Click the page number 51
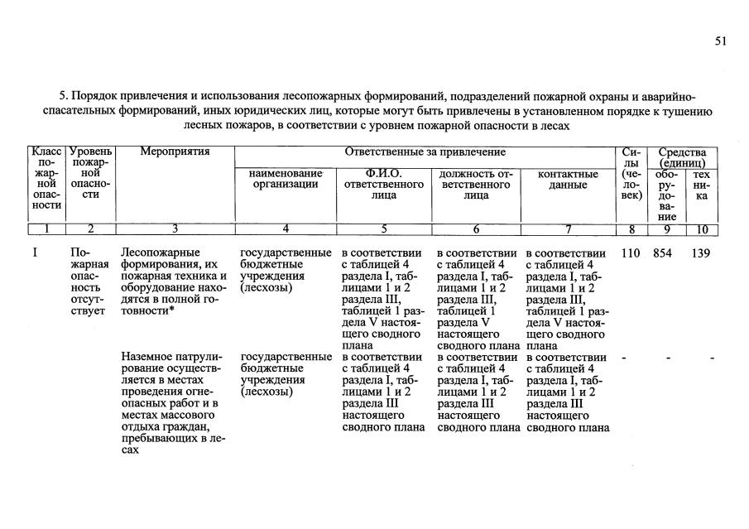720,41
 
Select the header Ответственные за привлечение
425,152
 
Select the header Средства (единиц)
682,158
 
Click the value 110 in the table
631,253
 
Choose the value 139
701,253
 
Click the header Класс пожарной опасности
47,178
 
